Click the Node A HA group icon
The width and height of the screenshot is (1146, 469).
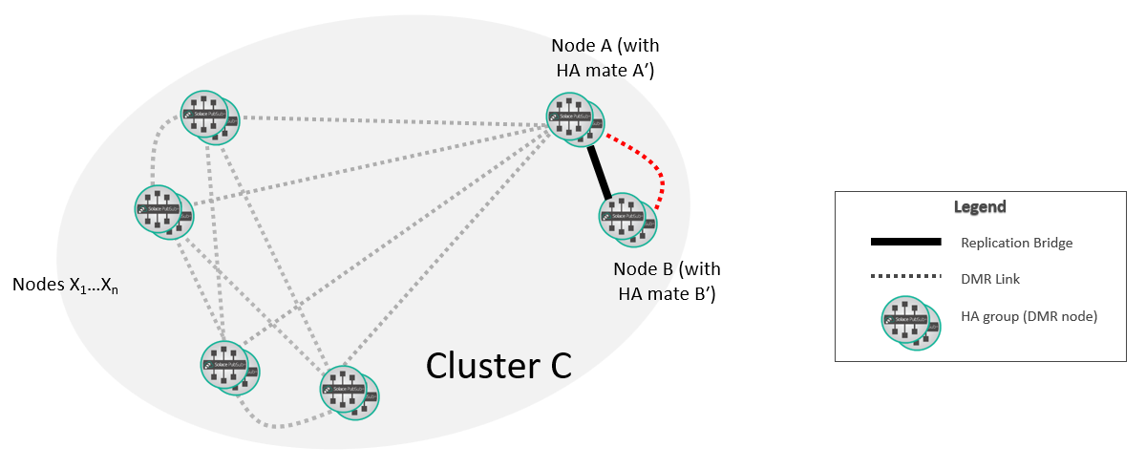tap(575, 120)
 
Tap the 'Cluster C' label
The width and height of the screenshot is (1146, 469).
tap(499, 364)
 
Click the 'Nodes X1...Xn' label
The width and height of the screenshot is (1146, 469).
tap(64, 285)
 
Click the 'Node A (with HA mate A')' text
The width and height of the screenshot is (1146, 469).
tap(605, 57)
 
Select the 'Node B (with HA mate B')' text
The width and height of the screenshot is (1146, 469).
tap(665, 281)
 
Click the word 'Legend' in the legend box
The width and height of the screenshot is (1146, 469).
tap(980, 206)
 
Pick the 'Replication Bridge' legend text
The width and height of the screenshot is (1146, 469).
tap(1017, 243)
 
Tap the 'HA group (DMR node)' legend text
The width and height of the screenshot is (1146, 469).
tap(1029, 316)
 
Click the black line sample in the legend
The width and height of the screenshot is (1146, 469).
tap(905, 243)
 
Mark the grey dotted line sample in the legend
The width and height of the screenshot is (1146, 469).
tap(905, 277)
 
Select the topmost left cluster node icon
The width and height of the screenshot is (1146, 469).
tap(210, 118)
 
